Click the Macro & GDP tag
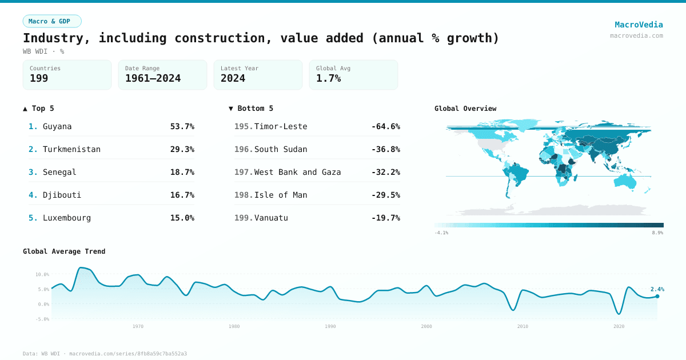pyautogui.click(x=52, y=21)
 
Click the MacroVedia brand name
pyautogui.click(x=639, y=25)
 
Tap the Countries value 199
pyautogui.click(x=39, y=78)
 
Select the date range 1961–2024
pyautogui.click(x=153, y=78)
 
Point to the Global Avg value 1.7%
pyautogui.click(x=328, y=78)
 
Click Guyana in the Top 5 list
pyautogui.click(x=57, y=126)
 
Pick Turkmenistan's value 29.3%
pyautogui.click(x=182, y=149)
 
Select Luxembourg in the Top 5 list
pyautogui.click(x=66, y=218)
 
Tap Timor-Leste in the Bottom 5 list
pyautogui.click(x=280, y=126)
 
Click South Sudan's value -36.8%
pyautogui.click(x=385, y=149)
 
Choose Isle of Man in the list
pyautogui.click(x=280, y=195)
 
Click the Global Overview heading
pyautogui.click(x=465, y=109)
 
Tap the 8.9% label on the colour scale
pyautogui.click(x=657, y=233)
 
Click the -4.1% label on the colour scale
pyautogui.click(x=441, y=233)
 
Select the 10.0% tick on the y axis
pyautogui.click(x=42, y=274)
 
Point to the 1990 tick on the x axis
pyautogui.click(x=330, y=326)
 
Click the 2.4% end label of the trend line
pyautogui.click(x=657, y=289)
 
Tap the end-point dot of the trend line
pyautogui.click(x=657, y=296)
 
